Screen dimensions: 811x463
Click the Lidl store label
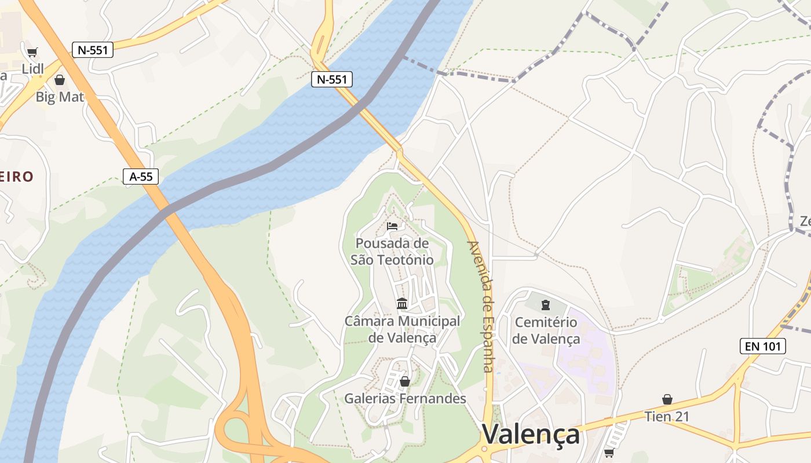click(x=33, y=68)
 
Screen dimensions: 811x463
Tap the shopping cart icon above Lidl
click(x=32, y=52)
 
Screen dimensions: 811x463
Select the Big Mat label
click(x=60, y=96)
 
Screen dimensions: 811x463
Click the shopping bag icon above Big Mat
click(x=60, y=80)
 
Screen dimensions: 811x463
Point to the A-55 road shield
click(x=141, y=177)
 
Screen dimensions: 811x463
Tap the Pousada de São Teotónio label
click(x=392, y=251)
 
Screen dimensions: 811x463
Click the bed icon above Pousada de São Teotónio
click(x=392, y=226)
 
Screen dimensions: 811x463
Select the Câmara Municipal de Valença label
click(x=402, y=329)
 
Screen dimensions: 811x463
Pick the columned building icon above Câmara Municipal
click(x=402, y=303)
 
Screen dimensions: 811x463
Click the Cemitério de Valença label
click(x=546, y=330)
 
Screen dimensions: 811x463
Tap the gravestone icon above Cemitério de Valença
click(x=545, y=304)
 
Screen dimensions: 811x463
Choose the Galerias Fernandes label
click(x=405, y=398)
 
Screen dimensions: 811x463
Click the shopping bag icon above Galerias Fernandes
click(x=405, y=381)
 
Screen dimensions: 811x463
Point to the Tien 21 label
click(x=667, y=416)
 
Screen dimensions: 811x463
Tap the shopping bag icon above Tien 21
click(x=667, y=399)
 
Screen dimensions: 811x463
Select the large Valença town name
click(x=531, y=434)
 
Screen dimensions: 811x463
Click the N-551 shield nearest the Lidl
click(x=93, y=50)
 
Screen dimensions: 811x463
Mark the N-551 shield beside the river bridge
click(x=332, y=79)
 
